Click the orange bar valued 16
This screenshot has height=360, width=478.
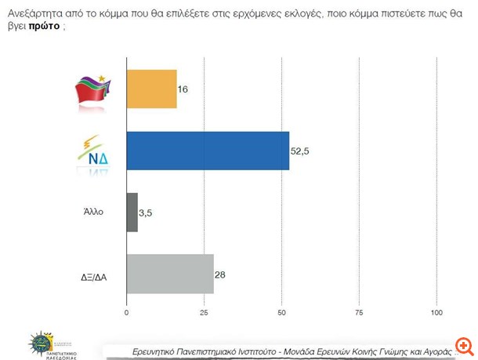coord(151,89)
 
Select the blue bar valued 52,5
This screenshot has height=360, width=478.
coord(208,151)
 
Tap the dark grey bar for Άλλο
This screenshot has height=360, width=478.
coord(132,213)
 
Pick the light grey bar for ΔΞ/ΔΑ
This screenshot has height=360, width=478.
coord(170,274)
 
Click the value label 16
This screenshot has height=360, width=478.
coord(183,89)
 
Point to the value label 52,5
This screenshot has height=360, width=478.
coord(301,151)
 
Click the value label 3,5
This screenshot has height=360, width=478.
coord(147,213)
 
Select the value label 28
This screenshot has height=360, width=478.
coord(221,274)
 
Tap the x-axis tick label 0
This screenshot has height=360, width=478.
coord(127,313)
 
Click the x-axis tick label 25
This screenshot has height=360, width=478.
coord(204,313)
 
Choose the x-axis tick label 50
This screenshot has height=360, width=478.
coord(281,313)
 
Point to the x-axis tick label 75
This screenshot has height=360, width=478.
coord(359,313)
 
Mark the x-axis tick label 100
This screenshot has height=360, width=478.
coord(436,313)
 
